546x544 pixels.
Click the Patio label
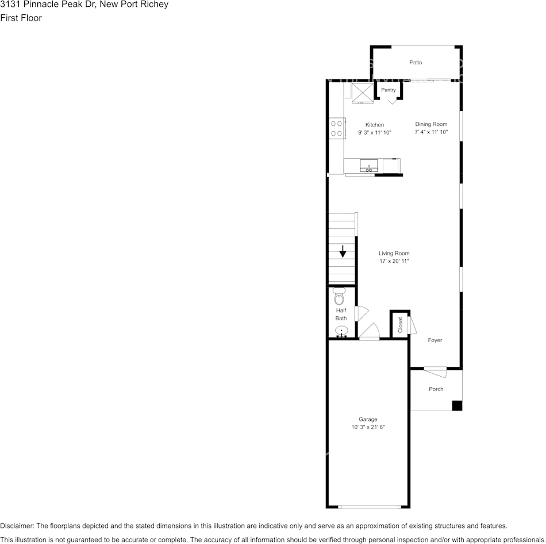pos(416,63)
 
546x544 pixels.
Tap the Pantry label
pos(389,90)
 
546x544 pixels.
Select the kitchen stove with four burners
pos(336,128)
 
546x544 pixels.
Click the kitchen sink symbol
pos(368,167)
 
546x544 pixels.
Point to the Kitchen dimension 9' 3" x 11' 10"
pos(375,133)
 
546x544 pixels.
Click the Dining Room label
pos(431,124)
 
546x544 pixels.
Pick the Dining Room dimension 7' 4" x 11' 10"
pos(431,132)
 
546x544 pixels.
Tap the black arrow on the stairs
pos(343,251)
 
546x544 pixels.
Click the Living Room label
pos(394,254)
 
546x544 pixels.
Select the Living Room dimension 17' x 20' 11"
pos(394,262)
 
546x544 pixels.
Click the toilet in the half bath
pos(339,297)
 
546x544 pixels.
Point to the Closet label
pos(401,325)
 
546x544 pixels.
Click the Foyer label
pos(435,340)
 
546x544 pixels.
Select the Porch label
pos(436,389)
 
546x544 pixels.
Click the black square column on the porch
pos(457,405)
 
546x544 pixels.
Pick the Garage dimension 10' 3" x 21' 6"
pos(368,427)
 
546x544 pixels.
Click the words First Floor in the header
pos(21,18)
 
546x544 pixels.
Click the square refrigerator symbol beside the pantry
pos(363,93)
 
